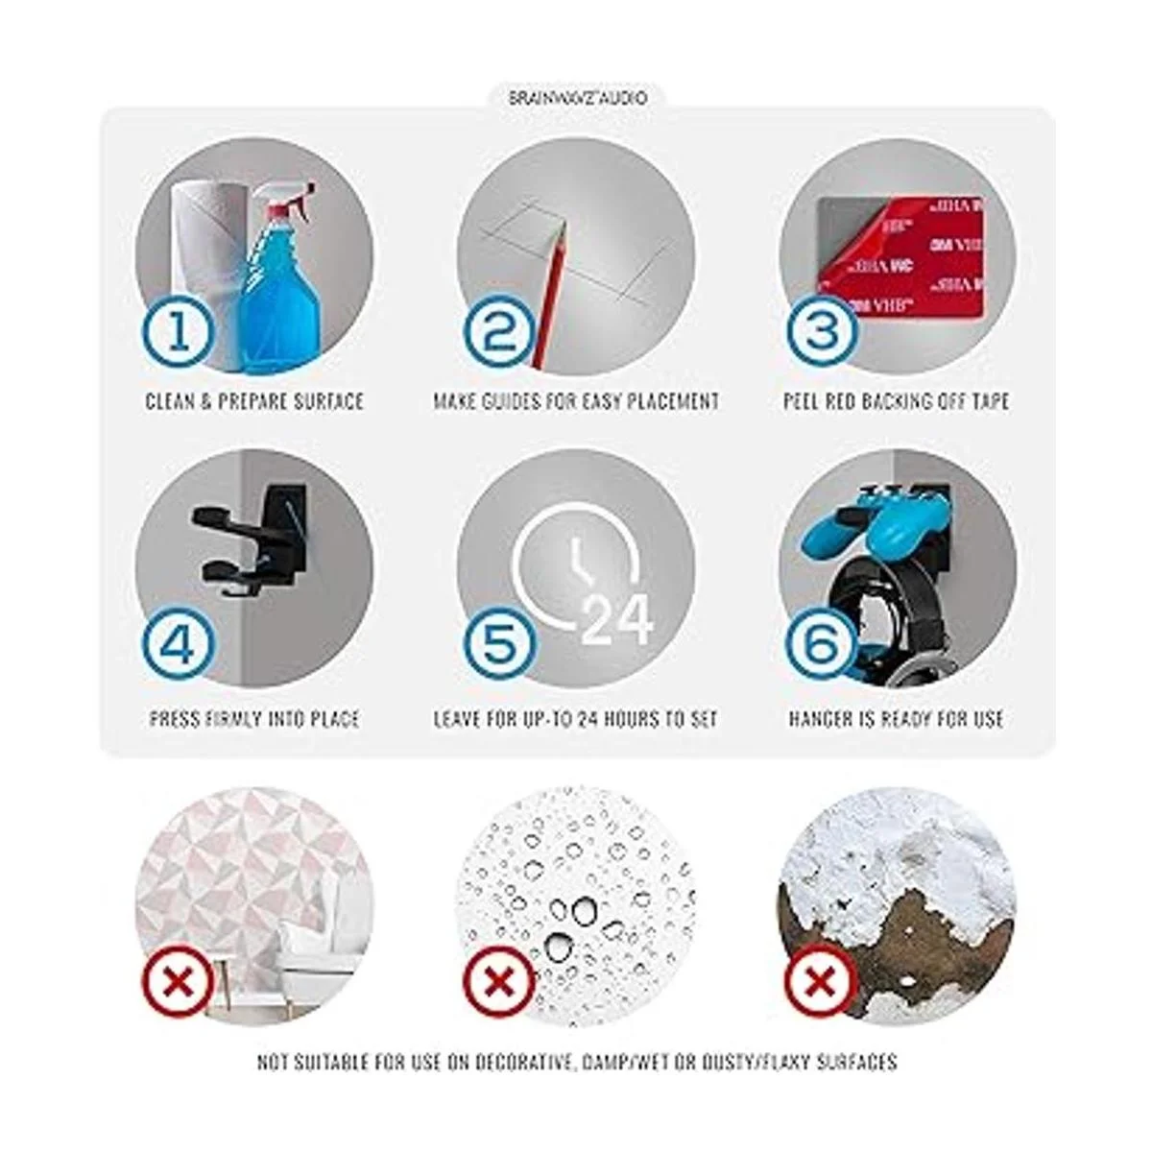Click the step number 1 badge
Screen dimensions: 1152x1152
click(179, 332)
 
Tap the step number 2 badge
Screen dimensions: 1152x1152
click(500, 332)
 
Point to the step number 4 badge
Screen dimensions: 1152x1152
click(179, 646)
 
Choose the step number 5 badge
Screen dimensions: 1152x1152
click(500, 646)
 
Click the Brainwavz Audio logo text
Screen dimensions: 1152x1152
click(578, 98)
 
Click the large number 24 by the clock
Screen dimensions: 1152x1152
click(617, 622)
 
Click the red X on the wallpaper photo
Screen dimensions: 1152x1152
click(178, 982)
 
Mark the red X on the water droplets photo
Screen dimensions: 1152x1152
click(500, 982)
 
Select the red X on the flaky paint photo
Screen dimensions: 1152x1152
click(821, 982)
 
